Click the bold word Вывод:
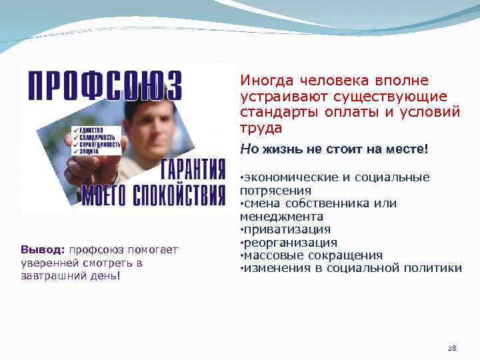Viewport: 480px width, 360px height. point(43,250)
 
